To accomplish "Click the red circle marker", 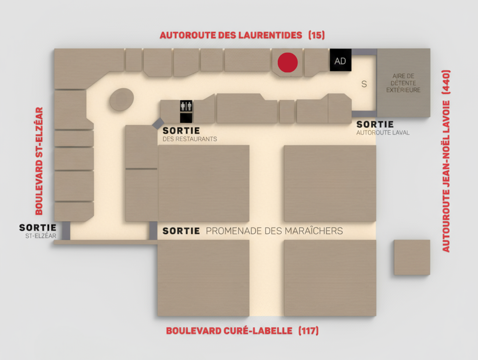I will click(x=288, y=63).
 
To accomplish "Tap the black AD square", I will click(x=340, y=61).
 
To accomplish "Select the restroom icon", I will click(x=186, y=106).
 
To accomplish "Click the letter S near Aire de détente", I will click(x=364, y=85).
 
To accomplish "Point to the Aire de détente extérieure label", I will click(x=403, y=83).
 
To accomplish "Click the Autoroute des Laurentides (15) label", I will click(x=242, y=35).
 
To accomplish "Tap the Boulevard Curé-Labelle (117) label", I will click(x=242, y=331).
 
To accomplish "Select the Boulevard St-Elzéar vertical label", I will click(x=39, y=161).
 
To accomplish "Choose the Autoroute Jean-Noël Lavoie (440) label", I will click(x=446, y=161).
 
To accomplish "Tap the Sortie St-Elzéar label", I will click(x=38, y=231).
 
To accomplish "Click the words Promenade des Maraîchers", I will click(x=274, y=231).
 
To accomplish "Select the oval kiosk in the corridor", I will click(x=122, y=99).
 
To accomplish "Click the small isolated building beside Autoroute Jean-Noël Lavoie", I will click(x=411, y=257).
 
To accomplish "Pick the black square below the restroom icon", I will click(x=186, y=118).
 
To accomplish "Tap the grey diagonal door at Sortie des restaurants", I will click(x=158, y=123).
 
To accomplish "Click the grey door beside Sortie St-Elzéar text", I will click(x=66, y=231).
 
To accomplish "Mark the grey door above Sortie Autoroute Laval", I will click(x=364, y=114).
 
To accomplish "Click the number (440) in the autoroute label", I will click(x=446, y=80).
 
